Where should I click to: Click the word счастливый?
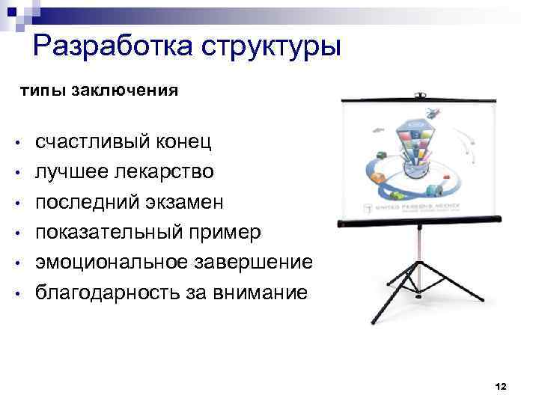pos(94,142)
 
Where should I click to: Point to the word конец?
pos(184,142)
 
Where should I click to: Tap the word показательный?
pos(112,233)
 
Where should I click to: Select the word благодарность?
pos(109,293)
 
